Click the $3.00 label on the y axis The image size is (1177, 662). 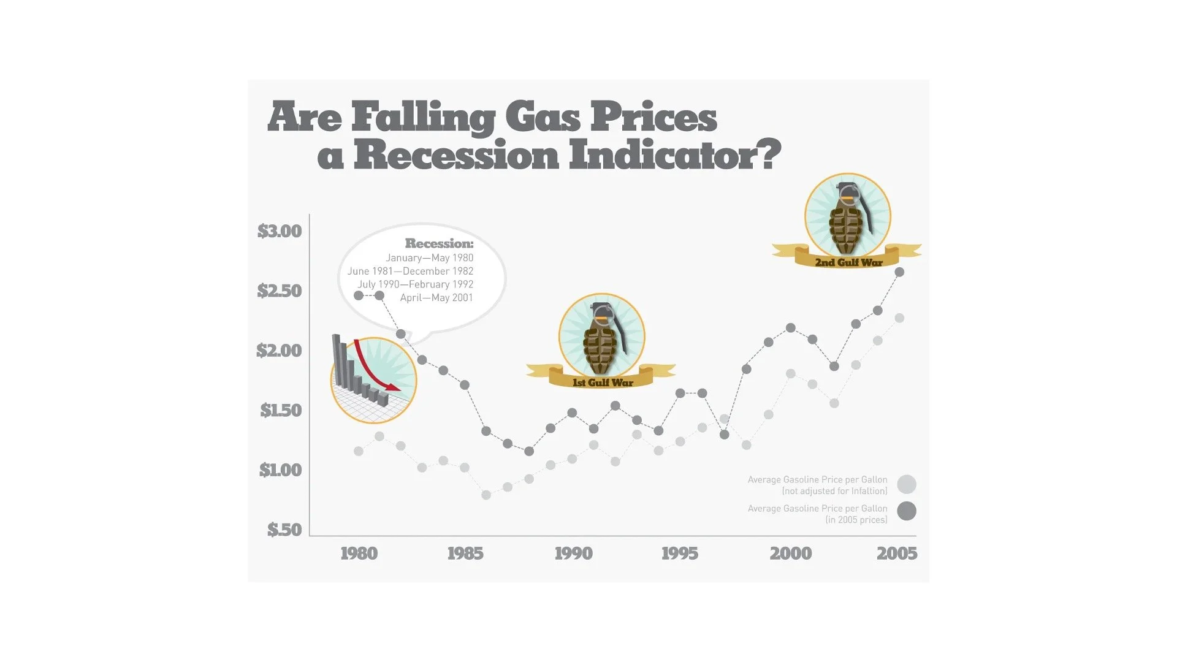[x=280, y=231]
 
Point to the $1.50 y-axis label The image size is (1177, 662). [x=281, y=410]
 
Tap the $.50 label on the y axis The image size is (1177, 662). [x=284, y=529]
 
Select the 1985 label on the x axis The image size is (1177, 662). [x=465, y=554]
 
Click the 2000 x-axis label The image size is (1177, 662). [x=791, y=554]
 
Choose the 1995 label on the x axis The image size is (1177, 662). [x=680, y=554]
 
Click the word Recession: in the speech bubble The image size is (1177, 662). [x=439, y=244]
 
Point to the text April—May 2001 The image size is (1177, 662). [x=436, y=298]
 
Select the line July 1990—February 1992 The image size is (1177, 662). [x=415, y=284]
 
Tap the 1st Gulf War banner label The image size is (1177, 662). [x=603, y=382]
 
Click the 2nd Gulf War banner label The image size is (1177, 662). [x=849, y=262]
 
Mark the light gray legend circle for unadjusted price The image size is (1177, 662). [x=907, y=484]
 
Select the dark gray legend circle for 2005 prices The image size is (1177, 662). [x=907, y=511]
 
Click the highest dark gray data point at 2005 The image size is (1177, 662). [x=899, y=272]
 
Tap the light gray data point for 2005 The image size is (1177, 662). [x=899, y=318]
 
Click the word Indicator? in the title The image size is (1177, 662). [x=675, y=155]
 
